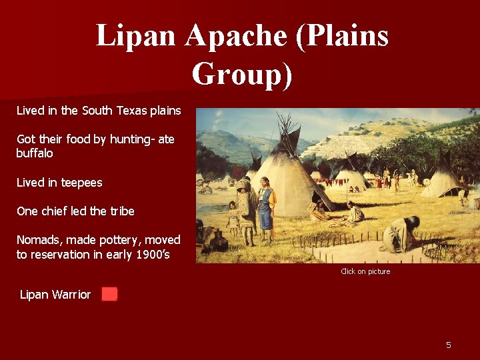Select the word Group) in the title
click(x=241, y=74)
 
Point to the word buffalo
click(x=35, y=153)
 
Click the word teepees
click(x=78, y=183)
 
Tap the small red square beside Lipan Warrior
click(x=109, y=294)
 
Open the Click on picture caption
click(x=365, y=271)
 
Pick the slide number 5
click(x=449, y=345)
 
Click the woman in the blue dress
click(x=266, y=207)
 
